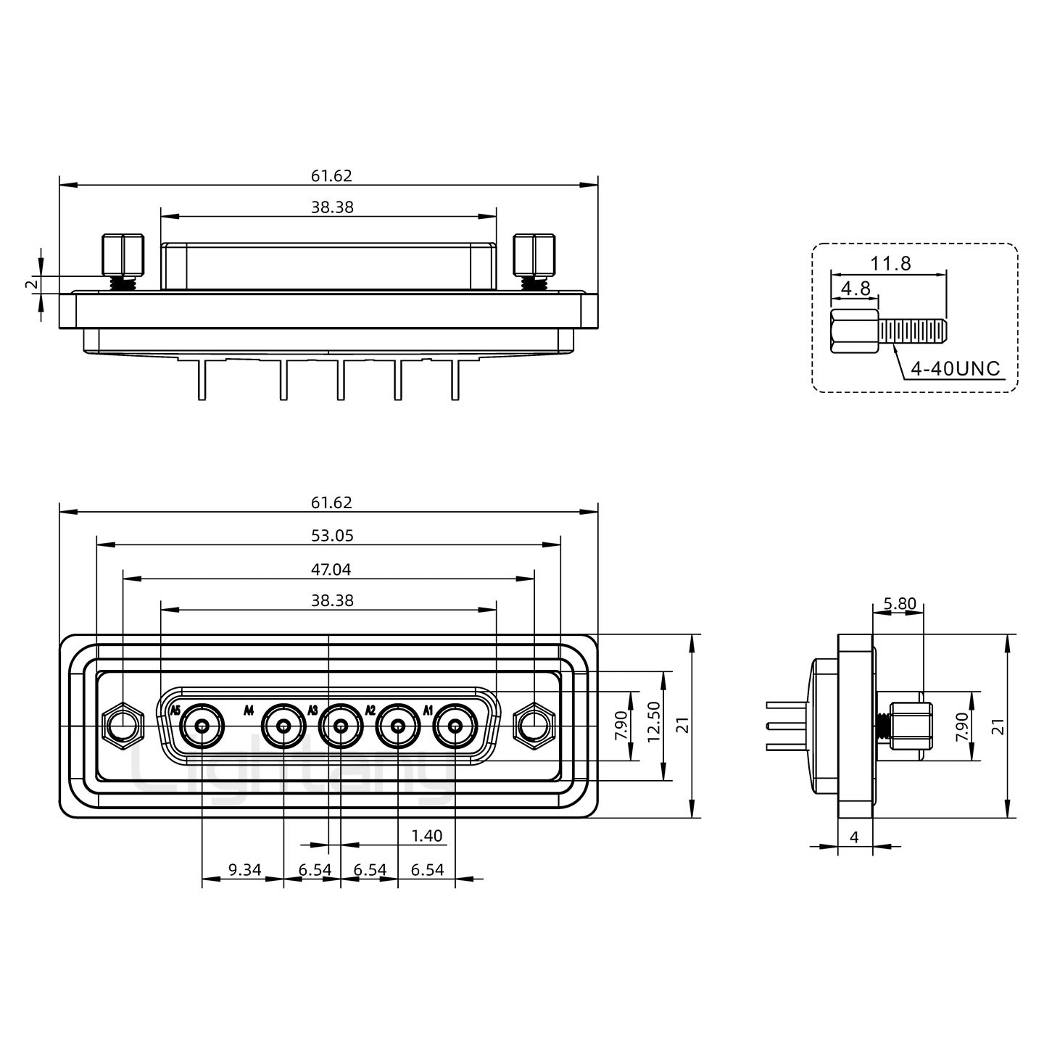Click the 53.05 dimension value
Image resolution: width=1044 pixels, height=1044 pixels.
[332, 535]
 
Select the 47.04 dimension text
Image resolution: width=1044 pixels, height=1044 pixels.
[331, 569]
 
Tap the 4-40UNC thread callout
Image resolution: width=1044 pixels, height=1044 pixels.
[955, 368]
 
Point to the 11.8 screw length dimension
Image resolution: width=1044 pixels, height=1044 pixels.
[891, 263]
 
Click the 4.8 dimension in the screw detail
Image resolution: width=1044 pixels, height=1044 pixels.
[856, 289]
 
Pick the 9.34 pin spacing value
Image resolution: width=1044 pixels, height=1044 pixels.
[245, 869]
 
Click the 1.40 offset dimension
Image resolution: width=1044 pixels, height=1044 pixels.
[427, 835]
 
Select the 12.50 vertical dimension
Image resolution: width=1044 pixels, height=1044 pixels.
[654, 721]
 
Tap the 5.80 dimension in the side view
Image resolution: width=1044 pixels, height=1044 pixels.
[900, 603]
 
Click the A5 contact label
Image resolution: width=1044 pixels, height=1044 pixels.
[175, 710]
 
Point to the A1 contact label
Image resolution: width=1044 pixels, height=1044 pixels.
[428, 710]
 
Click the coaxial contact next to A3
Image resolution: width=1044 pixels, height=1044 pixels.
[340, 726]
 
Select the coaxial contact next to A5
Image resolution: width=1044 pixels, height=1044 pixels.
[202, 726]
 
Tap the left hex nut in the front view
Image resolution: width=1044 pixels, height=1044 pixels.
[124, 726]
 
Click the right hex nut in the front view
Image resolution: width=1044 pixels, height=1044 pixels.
[535, 726]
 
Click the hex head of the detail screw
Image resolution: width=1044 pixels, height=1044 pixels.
[854, 331]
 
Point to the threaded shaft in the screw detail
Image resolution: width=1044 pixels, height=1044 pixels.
[913, 331]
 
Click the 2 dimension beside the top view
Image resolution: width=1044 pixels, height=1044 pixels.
[33, 284]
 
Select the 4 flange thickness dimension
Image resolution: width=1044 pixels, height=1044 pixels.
[854, 853]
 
